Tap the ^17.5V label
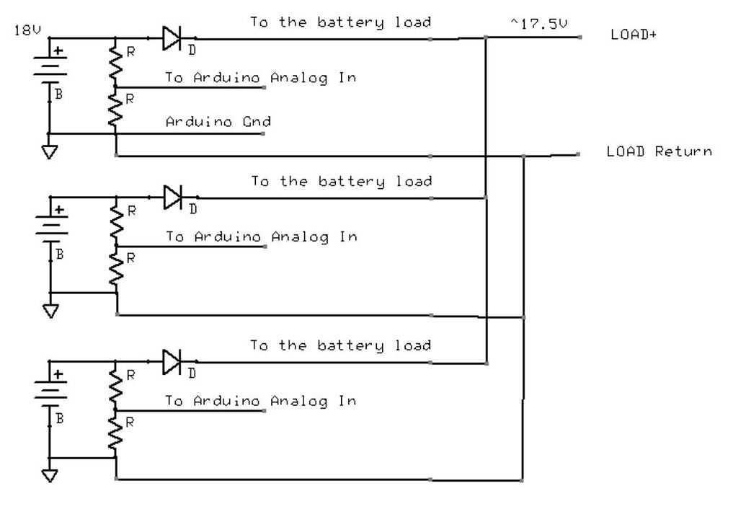tap(539, 24)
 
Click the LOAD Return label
tap(659, 151)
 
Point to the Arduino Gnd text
tap(218, 122)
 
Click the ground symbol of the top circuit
tap(50, 152)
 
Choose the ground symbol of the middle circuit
tap(50, 311)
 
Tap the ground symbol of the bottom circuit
tap(50, 476)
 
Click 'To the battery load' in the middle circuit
tap(341, 181)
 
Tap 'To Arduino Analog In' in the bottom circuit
tap(260, 401)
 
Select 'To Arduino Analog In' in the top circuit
tap(260, 77)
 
